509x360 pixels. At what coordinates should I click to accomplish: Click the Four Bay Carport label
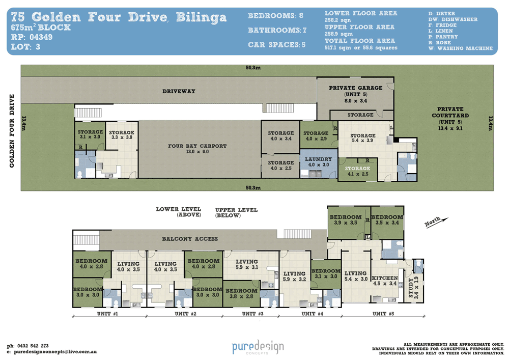197,149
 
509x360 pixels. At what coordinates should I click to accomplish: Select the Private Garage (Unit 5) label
355,94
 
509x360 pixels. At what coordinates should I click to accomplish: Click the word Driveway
179,91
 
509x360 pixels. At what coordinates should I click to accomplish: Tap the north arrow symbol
437,221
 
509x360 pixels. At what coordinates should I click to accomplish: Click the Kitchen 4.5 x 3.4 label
385,281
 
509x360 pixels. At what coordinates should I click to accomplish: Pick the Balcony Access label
190,239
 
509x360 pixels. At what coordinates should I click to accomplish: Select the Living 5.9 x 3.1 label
247,264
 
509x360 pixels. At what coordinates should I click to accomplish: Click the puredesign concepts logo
258,347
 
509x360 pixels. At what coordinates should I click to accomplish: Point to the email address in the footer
55,351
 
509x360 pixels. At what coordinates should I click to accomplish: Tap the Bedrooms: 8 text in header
275,16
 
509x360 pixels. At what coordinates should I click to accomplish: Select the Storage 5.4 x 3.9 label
363,138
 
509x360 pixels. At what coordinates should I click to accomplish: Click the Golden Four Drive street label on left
12,131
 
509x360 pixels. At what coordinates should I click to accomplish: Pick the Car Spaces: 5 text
276,45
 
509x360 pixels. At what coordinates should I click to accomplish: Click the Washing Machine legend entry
460,48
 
